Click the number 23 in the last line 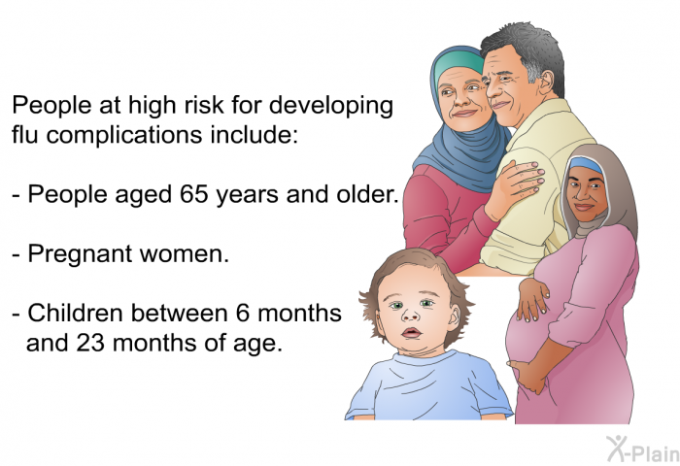click(x=90, y=343)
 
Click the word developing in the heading click(x=331, y=107)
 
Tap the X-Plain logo click(x=643, y=449)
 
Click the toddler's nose click(x=409, y=316)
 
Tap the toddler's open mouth click(x=411, y=333)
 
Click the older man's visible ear click(x=546, y=81)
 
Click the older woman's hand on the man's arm click(x=516, y=187)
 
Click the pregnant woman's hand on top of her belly click(x=531, y=299)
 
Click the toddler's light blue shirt click(x=428, y=386)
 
